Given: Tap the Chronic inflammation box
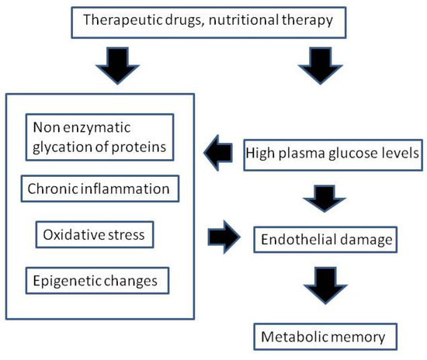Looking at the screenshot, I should [x=98, y=189].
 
